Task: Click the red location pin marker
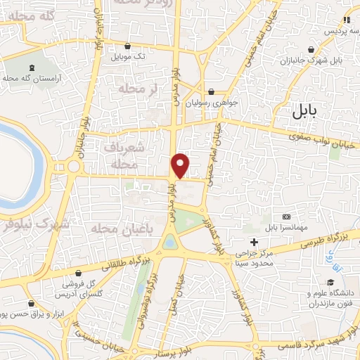coord(181,165)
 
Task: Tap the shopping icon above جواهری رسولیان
coord(212,91)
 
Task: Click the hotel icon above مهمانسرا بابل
coord(286,217)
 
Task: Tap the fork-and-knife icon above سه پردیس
coord(345,20)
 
